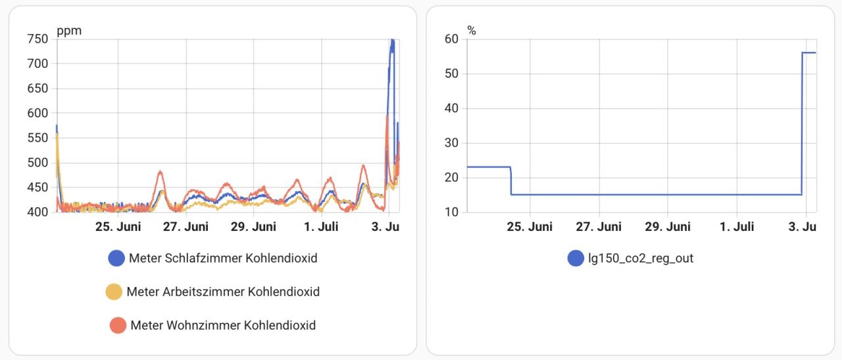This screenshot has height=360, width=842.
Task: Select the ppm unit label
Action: coord(69,30)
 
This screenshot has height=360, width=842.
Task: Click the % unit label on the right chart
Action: coord(471,30)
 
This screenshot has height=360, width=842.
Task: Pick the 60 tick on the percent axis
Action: coord(451,39)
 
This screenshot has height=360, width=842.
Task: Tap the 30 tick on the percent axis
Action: coord(451,143)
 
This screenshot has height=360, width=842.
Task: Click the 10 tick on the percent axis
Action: coord(451,212)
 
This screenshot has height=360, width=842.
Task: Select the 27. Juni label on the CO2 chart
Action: coord(186,227)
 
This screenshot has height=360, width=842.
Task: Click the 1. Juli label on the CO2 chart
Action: coord(321,227)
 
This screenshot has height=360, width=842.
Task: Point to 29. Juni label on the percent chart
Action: coord(667,227)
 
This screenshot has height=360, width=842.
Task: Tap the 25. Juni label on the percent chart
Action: coord(530,227)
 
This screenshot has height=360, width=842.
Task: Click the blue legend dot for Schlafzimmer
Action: coord(116,259)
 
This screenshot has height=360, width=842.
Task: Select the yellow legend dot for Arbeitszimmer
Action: coord(114,292)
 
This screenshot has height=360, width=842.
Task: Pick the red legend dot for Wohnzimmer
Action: coord(118,325)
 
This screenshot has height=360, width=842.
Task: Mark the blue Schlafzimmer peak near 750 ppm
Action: coord(392,41)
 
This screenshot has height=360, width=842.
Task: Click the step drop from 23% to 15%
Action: coord(511,180)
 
